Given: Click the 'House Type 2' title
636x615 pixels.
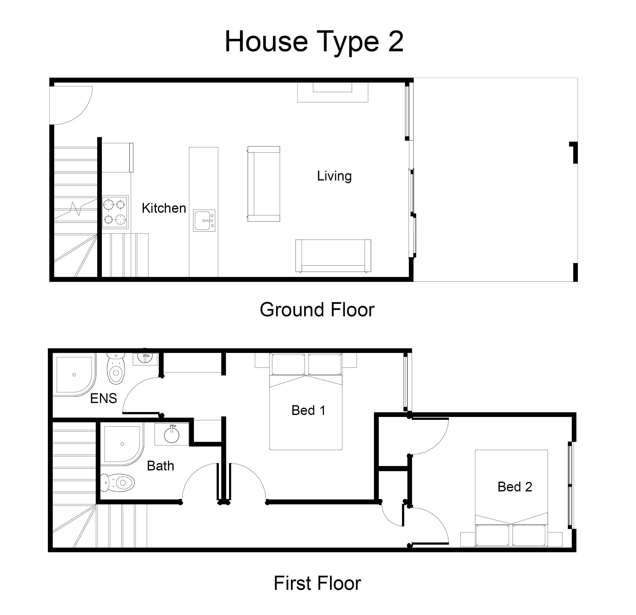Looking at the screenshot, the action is pyautogui.click(x=314, y=42).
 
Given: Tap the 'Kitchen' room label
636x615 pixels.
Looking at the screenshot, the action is pyautogui.click(x=164, y=208).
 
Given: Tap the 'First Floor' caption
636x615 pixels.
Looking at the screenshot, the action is pyautogui.click(x=317, y=583).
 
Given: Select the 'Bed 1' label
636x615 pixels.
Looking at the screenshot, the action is pyautogui.click(x=308, y=410).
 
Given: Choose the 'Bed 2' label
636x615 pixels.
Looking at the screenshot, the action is pyautogui.click(x=515, y=487).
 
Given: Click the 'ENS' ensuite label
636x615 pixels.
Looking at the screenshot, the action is pyautogui.click(x=104, y=398).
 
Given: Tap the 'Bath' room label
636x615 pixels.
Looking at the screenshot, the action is pyautogui.click(x=160, y=466).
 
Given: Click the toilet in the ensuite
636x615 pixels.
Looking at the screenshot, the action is pyautogui.click(x=116, y=368).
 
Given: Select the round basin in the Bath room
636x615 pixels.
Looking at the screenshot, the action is pyautogui.click(x=172, y=435).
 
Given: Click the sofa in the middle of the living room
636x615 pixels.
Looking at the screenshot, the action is pyautogui.click(x=264, y=184).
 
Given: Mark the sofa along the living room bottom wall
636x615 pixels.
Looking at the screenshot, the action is pyautogui.click(x=333, y=256).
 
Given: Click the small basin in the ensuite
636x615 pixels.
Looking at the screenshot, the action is pyautogui.click(x=145, y=358).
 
